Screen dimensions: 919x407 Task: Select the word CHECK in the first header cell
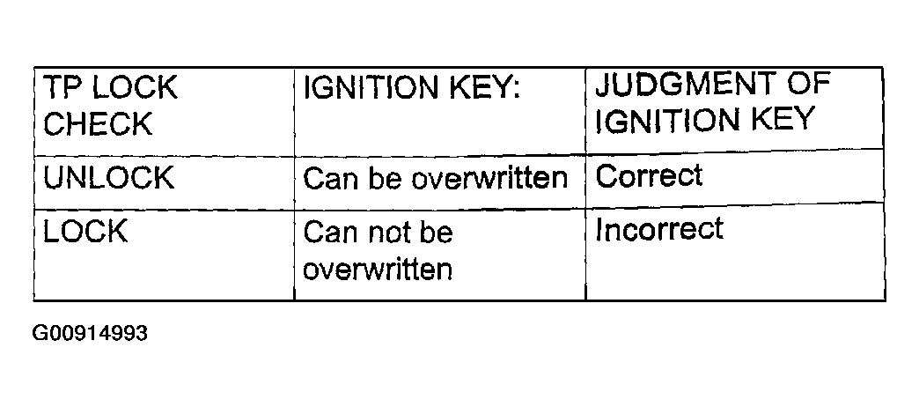click(98, 123)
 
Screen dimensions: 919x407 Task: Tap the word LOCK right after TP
click(134, 88)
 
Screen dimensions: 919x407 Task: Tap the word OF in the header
click(809, 84)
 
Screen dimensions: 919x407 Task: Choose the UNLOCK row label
click(109, 177)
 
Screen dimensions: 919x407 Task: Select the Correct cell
click(649, 174)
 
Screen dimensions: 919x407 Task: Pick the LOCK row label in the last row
click(85, 231)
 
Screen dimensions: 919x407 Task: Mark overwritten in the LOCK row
click(378, 270)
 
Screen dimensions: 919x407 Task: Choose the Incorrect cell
click(659, 229)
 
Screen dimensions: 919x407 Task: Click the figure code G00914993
click(91, 333)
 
